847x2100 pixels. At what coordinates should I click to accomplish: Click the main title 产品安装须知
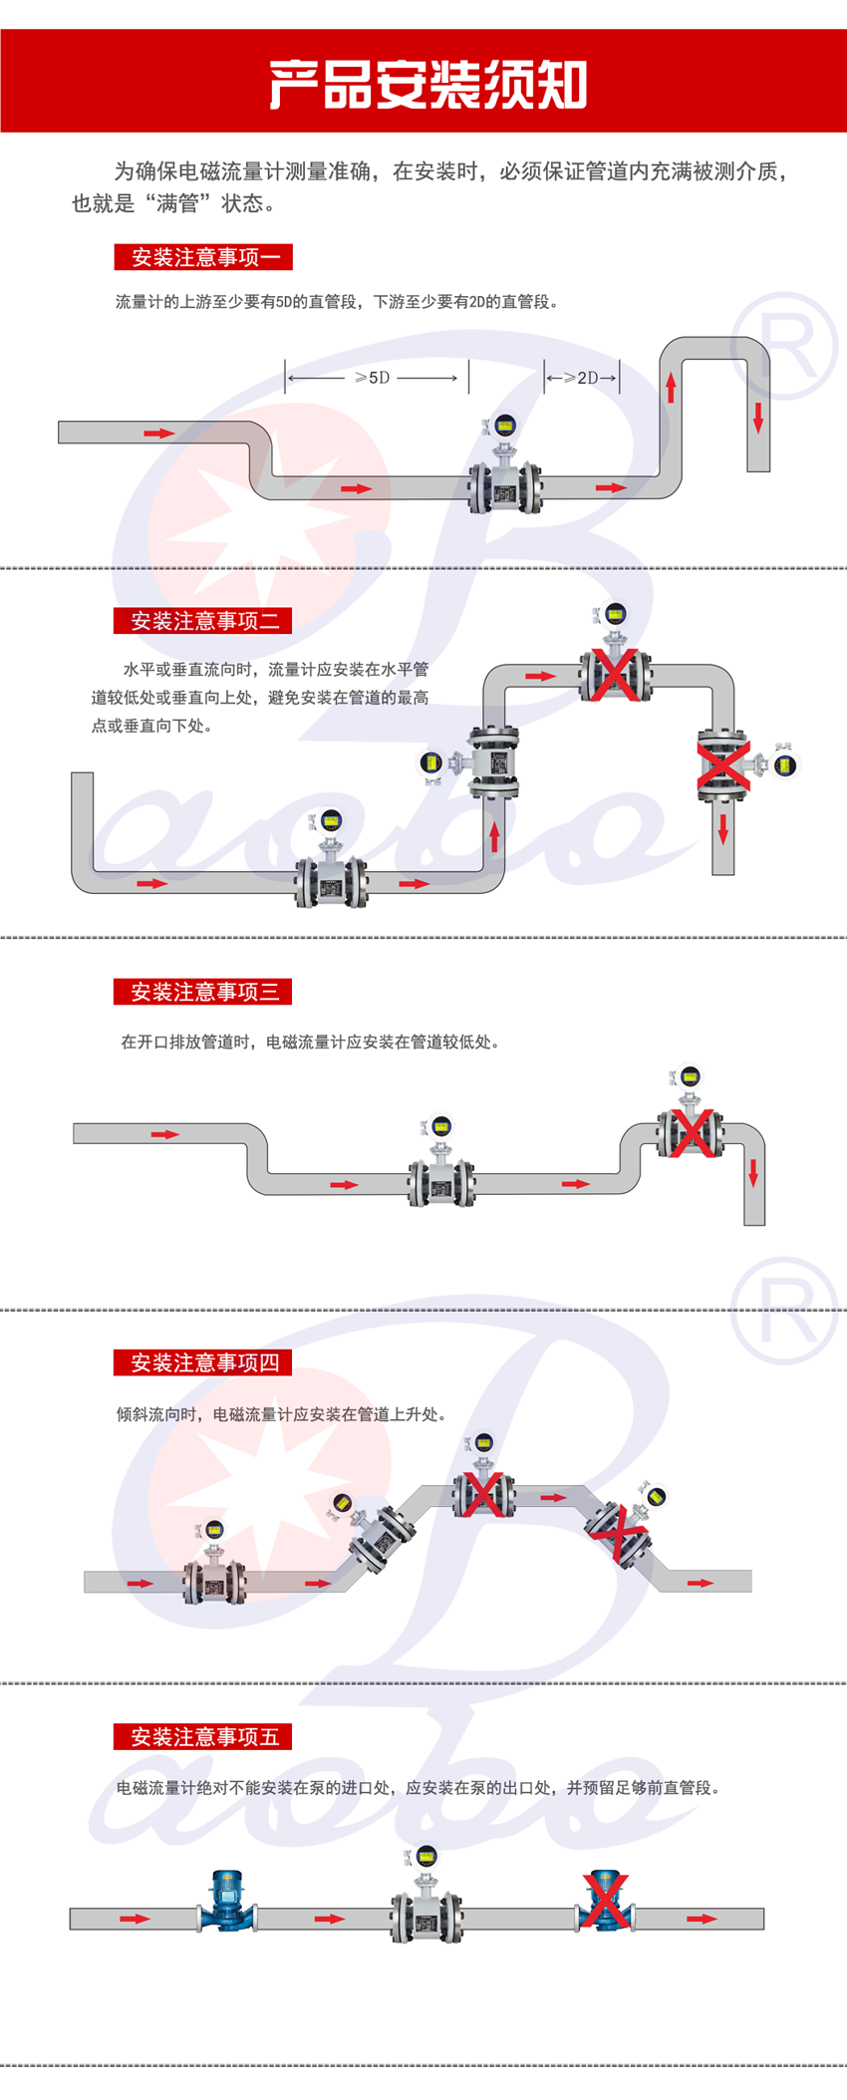[x=427, y=85]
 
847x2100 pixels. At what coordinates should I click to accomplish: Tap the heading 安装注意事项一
[x=203, y=257]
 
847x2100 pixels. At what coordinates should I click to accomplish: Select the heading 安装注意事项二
[x=203, y=621]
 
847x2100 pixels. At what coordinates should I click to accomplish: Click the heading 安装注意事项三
[x=203, y=992]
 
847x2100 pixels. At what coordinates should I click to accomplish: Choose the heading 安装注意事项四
[x=203, y=1362]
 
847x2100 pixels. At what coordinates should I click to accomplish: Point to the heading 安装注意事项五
[x=203, y=1737]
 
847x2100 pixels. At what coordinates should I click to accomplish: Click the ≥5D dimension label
[x=373, y=378]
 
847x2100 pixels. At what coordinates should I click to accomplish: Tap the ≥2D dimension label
[x=582, y=378]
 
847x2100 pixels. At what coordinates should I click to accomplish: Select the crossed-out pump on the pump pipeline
[x=605, y=1902]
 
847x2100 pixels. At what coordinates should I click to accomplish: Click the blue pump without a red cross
[x=227, y=1902]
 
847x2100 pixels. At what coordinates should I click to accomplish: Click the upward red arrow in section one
[x=671, y=387]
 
